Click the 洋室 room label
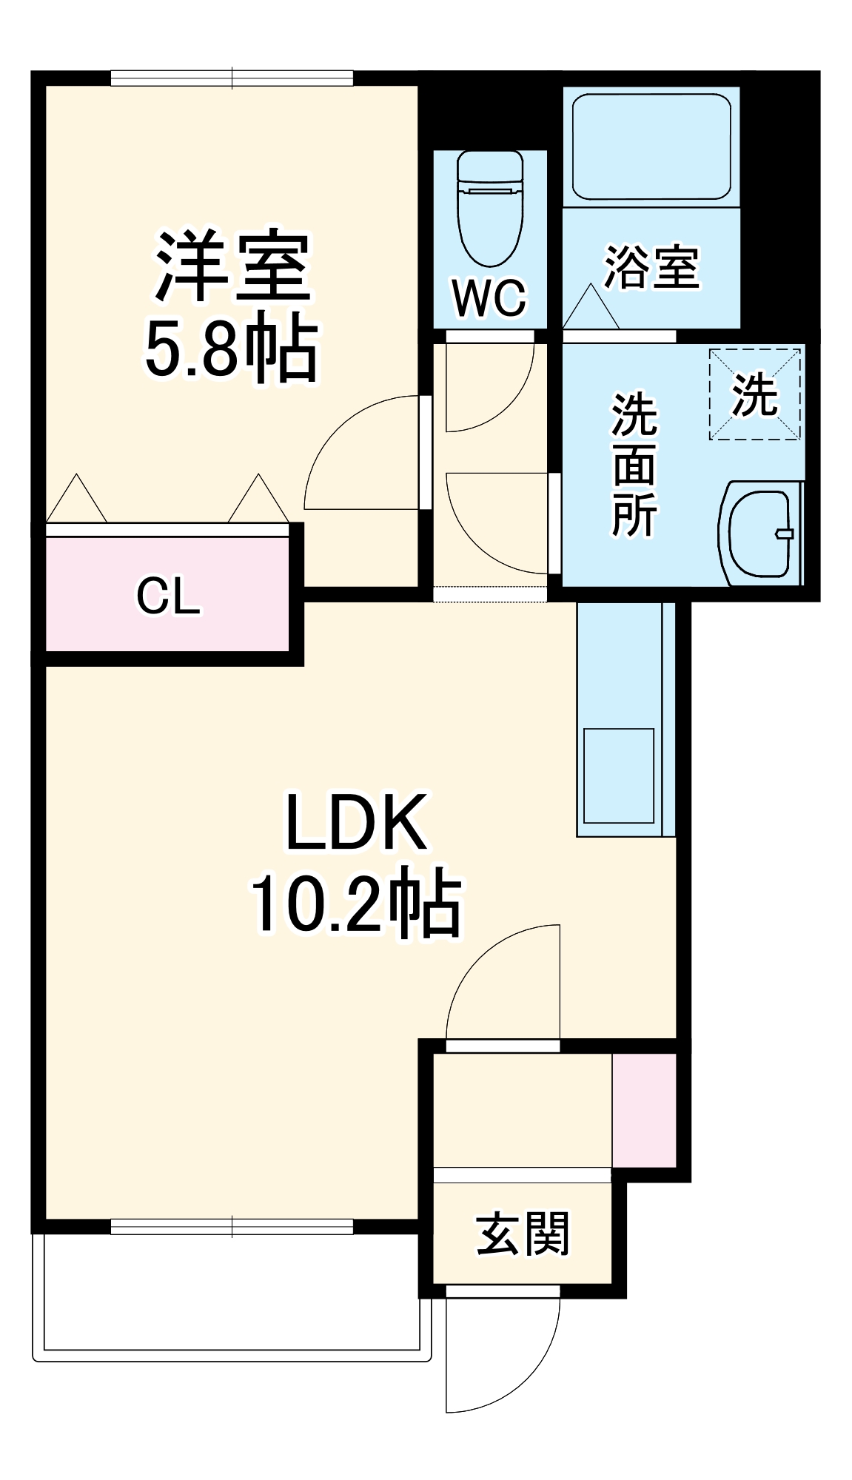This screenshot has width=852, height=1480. (232, 266)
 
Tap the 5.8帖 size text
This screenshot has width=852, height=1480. (231, 348)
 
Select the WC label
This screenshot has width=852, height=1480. (489, 297)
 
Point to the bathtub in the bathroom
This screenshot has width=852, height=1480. (651, 146)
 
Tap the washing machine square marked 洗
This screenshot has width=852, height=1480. (755, 394)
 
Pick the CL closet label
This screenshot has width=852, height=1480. (168, 596)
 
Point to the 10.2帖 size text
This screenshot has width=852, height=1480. (356, 904)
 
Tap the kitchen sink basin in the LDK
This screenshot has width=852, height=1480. (619, 776)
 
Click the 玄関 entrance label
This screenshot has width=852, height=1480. (523, 1234)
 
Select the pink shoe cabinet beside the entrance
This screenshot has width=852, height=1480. (644, 1110)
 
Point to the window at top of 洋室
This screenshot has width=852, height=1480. (232, 78)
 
